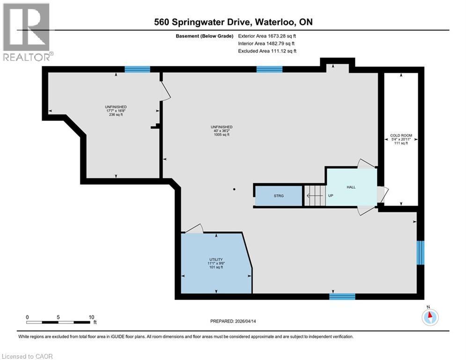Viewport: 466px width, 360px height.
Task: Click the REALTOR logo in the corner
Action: [27, 31]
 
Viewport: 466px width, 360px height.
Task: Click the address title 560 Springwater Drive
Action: [233, 22]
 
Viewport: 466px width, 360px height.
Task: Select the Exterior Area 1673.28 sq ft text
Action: [267, 36]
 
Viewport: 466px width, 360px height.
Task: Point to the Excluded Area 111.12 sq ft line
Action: [267, 51]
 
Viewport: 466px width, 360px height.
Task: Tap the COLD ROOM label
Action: [401, 136]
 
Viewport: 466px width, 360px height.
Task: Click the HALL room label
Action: [351, 187]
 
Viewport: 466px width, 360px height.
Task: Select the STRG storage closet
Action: [279, 195]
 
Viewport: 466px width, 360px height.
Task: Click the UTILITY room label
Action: [215, 259]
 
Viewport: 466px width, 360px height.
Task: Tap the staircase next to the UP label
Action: [314, 195]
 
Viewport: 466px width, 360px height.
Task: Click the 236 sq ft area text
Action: [116, 114]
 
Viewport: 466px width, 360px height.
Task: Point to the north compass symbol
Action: [429, 317]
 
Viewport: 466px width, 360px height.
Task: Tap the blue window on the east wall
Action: [421, 253]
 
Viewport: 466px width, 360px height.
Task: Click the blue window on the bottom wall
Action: [342, 296]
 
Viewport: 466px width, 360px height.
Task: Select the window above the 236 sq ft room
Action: [137, 69]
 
